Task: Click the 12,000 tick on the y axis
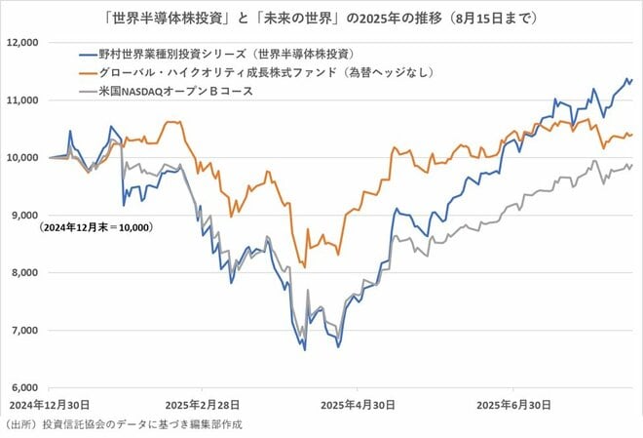point(21,43)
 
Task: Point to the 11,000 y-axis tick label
point(21,100)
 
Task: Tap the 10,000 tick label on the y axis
point(21,158)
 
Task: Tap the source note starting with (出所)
point(122,424)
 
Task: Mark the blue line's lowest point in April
point(305,349)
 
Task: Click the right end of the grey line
point(631,165)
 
